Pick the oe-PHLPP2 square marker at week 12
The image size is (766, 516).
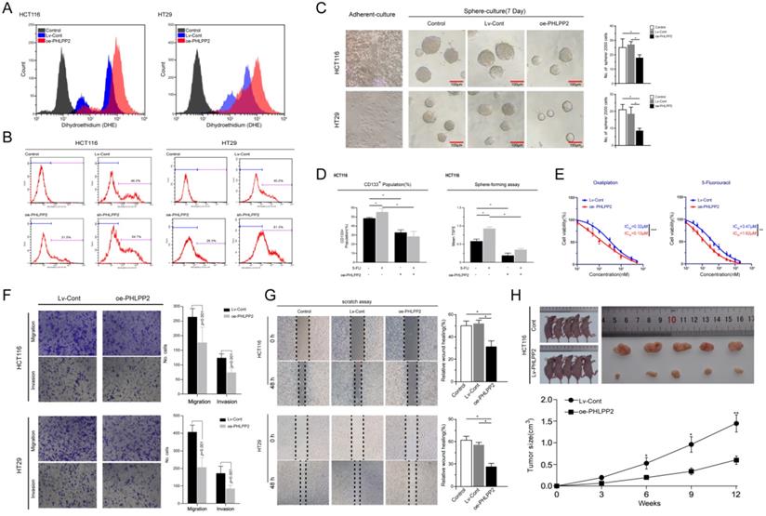pyautogui.click(x=735, y=460)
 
